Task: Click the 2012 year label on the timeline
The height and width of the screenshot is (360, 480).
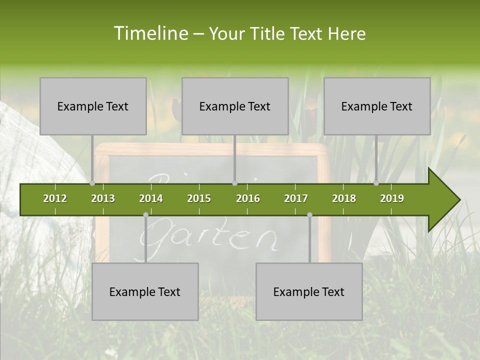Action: pyautogui.click(x=55, y=198)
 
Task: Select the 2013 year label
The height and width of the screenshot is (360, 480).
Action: pyautogui.click(x=103, y=198)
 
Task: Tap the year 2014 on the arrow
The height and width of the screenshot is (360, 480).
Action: pyautogui.click(x=151, y=198)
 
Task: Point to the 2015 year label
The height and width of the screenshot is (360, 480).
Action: pyautogui.click(x=199, y=198)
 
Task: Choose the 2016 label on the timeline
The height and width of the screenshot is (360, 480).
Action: pyautogui.click(x=248, y=198)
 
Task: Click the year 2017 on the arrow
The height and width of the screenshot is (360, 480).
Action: pyautogui.click(x=296, y=198)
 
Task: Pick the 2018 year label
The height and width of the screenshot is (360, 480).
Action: pyautogui.click(x=344, y=198)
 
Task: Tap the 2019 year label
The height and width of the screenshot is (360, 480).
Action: pyautogui.click(x=392, y=198)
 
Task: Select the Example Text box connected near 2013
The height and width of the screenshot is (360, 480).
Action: pyautogui.click(x=93, y=106)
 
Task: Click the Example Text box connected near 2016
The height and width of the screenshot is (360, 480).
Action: pyautogui.click(x=235, y=106)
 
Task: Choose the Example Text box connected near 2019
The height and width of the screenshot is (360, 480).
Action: pyautogui.click(x=377, y=106)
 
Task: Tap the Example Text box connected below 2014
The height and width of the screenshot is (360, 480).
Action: pyautogui.click(x=145, y=292)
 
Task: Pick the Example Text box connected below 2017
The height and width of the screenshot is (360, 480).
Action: pyautogui.click(x=309, y=292)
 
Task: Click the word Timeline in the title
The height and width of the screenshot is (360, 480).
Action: pyautogui.click(x=150, y=33)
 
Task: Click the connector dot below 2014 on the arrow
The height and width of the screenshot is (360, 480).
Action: pyautogui.click(x=145, y=214)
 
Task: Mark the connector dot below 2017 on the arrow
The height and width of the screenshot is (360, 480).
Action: pyautogui.click(x=309, y=214)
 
